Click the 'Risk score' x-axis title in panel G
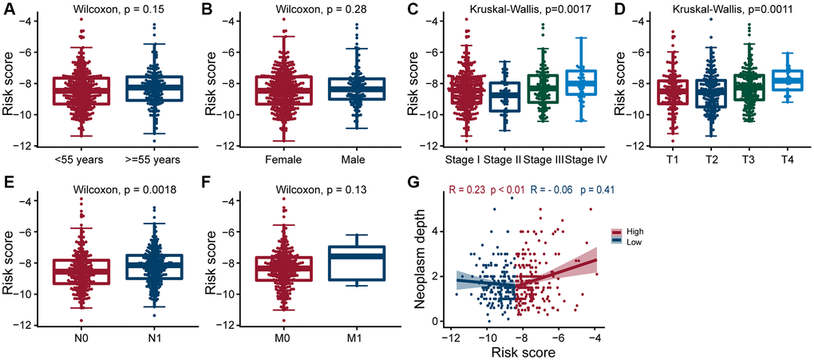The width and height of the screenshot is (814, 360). (x=523, y=351)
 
